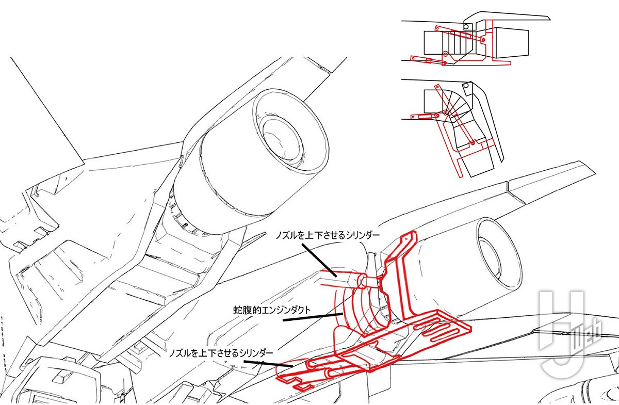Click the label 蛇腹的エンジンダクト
pyautogui.click(x=272, y=310)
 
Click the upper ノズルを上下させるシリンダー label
pyautogui.click(x=328, y=235)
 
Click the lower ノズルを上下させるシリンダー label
pyautogui.click(x=221, y=353)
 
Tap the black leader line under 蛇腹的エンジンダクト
pyautogui.click(x=313, y=317)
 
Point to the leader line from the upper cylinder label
pyautogui.click(x=319, y=260)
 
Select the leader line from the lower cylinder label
pyautogui.click(x=268, y=364)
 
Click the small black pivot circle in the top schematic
pyautogui.click(x=466, y=27)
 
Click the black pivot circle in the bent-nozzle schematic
pyautogui.click(x=466, y=86)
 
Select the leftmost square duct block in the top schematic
pyautogui.click(x=433, y=43)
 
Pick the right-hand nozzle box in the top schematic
pyautogui.click(x=511, y=43)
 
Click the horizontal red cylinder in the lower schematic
pyautogui.click(x=425, y=117)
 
